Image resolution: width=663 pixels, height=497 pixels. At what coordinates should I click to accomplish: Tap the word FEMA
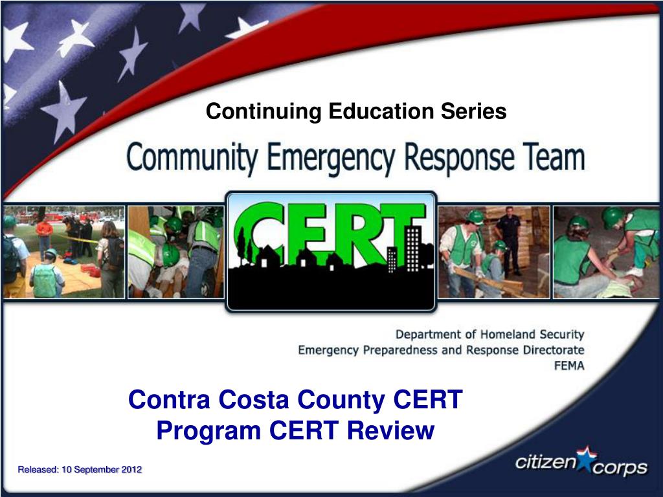coord(569,366)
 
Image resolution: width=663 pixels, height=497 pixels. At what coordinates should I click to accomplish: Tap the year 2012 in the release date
coord(131,470)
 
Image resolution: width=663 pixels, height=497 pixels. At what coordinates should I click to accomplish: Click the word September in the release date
coord(97,470)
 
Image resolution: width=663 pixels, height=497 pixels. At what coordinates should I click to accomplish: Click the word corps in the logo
coord(620,468)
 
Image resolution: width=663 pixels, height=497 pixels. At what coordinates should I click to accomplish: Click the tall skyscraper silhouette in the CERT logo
coord(412,249)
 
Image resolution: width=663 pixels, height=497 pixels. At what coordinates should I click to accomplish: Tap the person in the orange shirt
coord(44,237)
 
